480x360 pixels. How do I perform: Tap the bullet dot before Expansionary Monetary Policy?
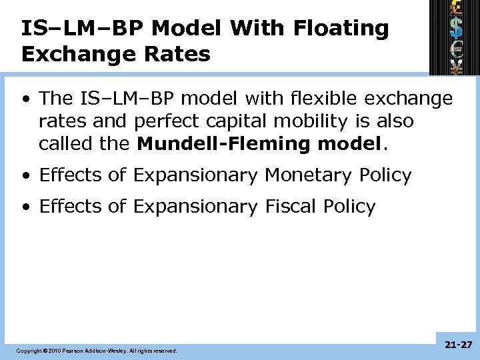[x=25, y=176]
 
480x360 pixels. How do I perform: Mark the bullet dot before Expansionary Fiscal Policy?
[x=25, y=207]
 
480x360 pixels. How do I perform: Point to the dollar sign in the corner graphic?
[x=457, y=28]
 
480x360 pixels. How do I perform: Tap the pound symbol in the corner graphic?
[x=457, y=9]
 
